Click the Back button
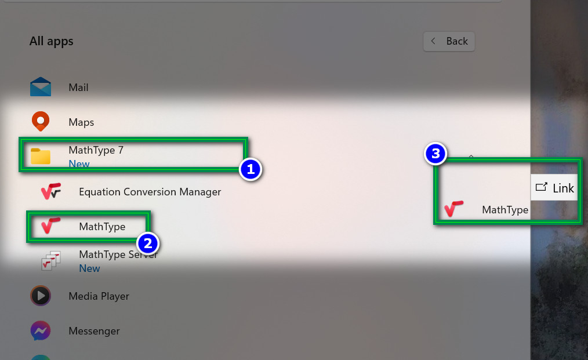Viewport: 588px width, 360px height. tap(449, 41)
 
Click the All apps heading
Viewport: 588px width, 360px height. tap(52, 41)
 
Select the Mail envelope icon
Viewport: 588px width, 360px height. tap(41, 86)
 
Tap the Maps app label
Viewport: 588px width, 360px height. tap(81, 122)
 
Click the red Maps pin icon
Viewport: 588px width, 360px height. tap(41, 121)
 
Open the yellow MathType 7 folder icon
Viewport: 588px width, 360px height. tap(41, 156)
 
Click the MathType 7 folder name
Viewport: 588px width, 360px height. tap(96, 150)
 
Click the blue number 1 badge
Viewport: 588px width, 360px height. tap(251, 169)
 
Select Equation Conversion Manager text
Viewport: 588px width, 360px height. tap(150, 192)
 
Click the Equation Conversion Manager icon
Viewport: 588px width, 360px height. tap(51, 191)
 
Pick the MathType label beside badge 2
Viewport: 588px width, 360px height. tap(102, 227)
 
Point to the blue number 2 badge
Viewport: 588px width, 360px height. tap(148, 243)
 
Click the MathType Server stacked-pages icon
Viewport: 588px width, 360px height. tap(51, 261)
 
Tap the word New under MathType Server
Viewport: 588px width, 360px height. tap(90, 268)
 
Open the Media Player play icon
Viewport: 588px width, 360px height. tap(41, 296)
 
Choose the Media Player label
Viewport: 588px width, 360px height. tap(99, 296)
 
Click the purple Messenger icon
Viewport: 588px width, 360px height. tap(41, 330)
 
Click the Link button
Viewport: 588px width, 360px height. tap(554, 187)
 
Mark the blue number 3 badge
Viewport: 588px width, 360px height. tap(435, 154)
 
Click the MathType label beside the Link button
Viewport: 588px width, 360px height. tap(505, 210)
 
